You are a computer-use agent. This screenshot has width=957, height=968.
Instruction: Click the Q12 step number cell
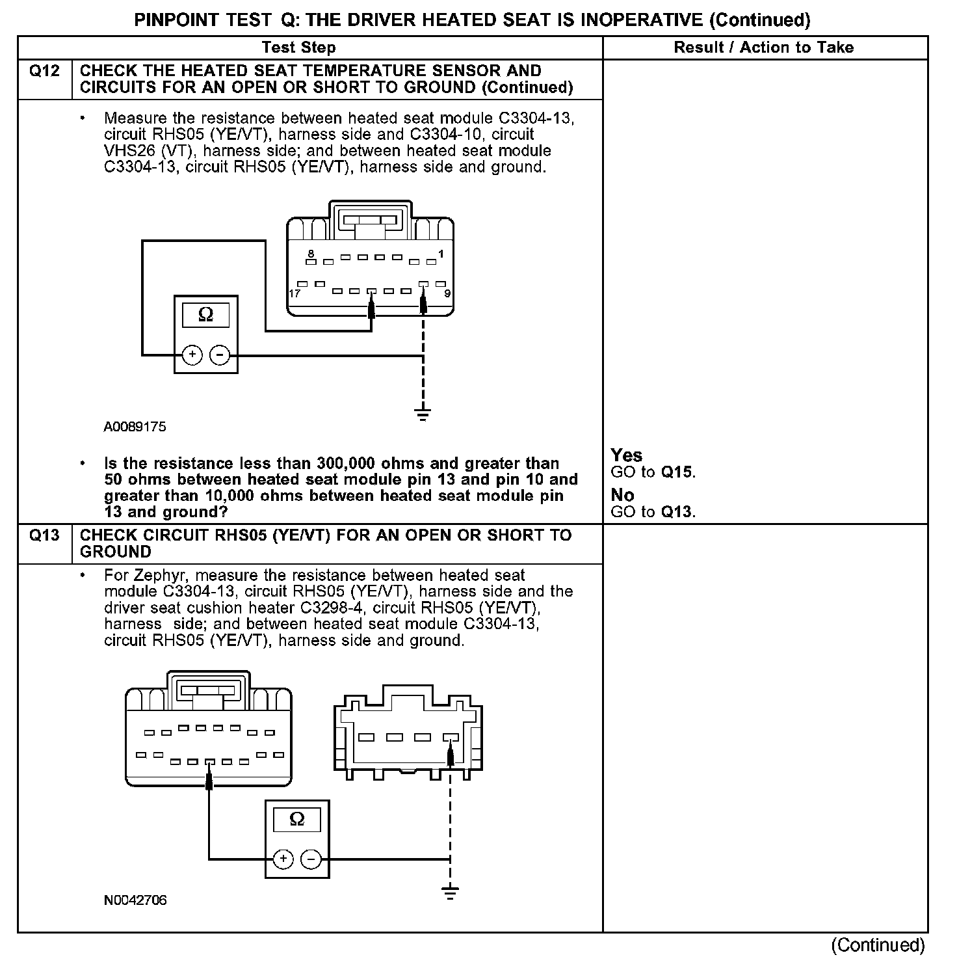[44, 71]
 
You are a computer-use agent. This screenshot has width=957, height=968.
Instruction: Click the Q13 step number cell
[44, 535]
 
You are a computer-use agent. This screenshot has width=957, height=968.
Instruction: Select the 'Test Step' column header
[298, 47]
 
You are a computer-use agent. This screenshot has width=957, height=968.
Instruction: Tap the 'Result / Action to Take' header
[763, 47]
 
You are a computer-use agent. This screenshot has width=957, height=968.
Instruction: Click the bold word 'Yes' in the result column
[626, 455]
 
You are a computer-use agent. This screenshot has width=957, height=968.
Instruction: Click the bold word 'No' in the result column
[622, 496]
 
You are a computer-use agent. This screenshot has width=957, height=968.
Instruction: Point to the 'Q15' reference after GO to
[677, 472]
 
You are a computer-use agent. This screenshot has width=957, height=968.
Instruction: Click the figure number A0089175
[135, 427]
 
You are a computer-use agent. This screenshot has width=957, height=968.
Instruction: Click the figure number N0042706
[135, 900]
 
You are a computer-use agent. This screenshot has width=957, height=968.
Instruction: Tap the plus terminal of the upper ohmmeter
[192, 355]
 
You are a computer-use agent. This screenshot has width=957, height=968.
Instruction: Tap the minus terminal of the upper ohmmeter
[220, 355]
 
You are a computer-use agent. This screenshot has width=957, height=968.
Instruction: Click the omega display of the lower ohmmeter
[296, 818]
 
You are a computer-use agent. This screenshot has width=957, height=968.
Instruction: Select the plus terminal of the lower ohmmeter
[283, 859]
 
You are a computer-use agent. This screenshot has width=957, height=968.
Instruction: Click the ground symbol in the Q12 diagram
[423, 412]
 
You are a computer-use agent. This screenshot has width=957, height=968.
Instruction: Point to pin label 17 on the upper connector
[295, 294]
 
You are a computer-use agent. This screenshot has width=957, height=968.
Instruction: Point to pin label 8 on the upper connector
[311, 253]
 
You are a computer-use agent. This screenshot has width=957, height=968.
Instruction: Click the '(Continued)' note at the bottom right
[877, 945]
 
